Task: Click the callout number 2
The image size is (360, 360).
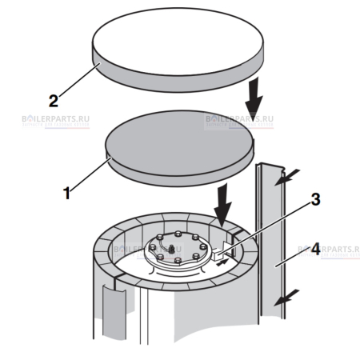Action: tap(54, 102)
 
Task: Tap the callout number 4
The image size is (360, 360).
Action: tap(316, 250)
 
